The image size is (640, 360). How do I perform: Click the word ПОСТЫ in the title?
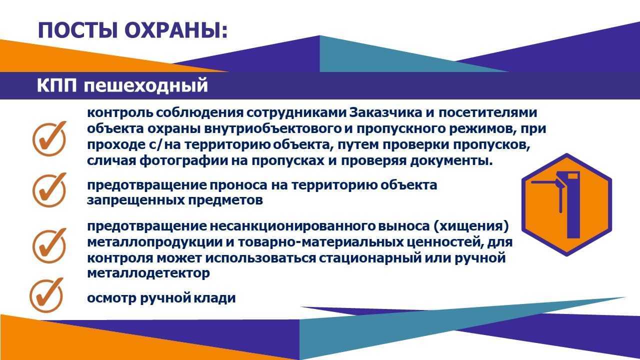click(x=77, y=30)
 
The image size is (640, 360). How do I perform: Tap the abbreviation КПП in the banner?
click(x=57, y=85)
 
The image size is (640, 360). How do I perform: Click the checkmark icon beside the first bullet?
click(x=49, y=139)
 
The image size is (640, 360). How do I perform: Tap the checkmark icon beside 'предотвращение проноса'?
click(x=49, y=190)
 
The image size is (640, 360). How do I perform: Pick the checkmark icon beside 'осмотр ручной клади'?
click(x=46, y=295)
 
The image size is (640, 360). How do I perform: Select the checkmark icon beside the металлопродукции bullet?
click(x=49, y=245)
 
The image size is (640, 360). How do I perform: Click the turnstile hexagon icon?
click(x=567, y=204)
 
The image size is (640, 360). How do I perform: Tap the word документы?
click(x=451, y=161)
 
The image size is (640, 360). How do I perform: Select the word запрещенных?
click(x=135, y=200)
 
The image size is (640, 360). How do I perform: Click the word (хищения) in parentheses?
click(x=471, y=226)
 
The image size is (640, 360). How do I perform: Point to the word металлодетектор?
click(x=148, y=273)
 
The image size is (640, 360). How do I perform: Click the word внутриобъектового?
click(x=273, y=129)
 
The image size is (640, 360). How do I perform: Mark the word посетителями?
click(x=488, y=112)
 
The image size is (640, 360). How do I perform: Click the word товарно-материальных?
click(x=319, y=242)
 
